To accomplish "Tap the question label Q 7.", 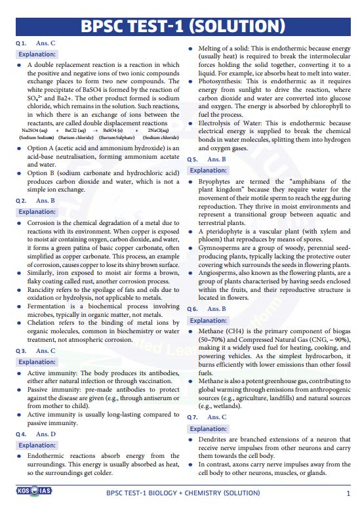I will (193, 417).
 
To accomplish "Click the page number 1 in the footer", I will (348, 492).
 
